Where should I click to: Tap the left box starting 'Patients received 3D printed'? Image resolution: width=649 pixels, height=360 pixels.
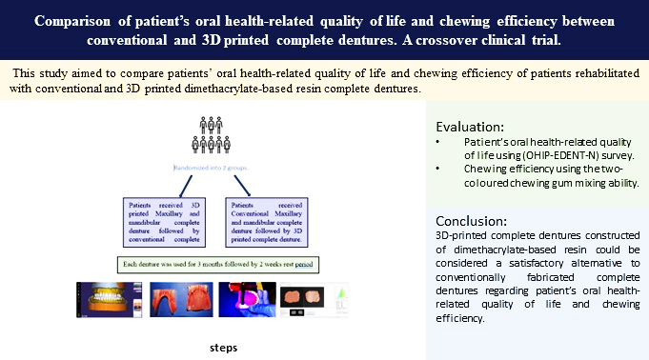[x=166, y=221]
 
